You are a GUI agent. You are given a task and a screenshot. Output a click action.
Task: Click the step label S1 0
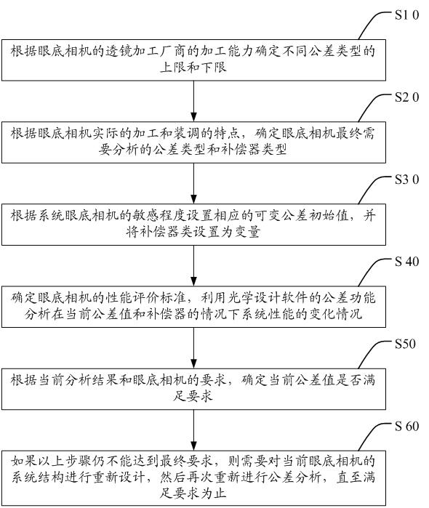click(406, 15)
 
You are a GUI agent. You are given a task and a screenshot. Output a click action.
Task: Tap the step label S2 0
click(406, 97)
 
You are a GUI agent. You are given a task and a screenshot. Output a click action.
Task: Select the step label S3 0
click(406, 180)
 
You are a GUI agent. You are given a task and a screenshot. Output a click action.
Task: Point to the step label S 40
click(406, 262)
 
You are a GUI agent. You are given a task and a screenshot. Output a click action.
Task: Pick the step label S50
click(405, 344)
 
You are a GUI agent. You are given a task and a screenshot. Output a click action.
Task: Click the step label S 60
click(406, 426)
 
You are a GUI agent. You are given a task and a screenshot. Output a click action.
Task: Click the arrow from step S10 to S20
click(193, 101)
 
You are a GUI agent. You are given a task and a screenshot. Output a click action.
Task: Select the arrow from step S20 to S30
click(193, 183)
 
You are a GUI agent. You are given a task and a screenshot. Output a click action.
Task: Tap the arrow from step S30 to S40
click(193, 266)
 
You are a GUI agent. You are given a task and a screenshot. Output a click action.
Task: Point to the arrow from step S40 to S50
click(193, 348)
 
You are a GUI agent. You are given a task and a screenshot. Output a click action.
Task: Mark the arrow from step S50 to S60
click(193, 430)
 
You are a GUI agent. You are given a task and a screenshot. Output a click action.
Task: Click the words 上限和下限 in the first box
click(193, 68)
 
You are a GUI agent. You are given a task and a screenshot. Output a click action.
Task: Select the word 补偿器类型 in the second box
click(253, 150)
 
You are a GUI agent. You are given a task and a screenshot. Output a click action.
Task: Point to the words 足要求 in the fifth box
click(193, 396)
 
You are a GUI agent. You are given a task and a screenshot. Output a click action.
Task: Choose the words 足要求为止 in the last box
click(193, 493)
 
